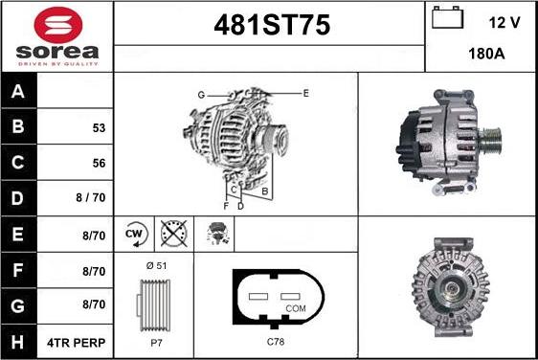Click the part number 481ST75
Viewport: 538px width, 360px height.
click(272, 25)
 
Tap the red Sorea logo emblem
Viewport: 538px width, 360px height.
click(58, 25)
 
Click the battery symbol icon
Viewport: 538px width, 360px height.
click(447, 17)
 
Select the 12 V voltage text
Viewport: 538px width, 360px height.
click(504, 23)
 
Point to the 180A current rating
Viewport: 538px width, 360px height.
click(486, 54)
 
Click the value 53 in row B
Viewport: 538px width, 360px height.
click(99, 128)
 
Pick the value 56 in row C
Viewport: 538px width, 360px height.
click(99, 163)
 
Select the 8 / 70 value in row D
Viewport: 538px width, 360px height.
click(91, 197)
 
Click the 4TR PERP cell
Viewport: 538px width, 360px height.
click(77, 343)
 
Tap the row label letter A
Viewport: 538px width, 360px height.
click(18, 91)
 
